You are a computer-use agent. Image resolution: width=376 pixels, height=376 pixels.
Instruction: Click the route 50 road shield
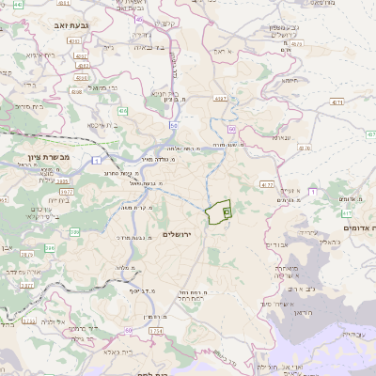pyautogui.click(x=174, y=124)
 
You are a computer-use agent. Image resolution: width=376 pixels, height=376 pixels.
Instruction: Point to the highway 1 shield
pyautogui.click(x=98, y=162)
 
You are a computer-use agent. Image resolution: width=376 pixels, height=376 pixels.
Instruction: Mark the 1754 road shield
pyautogui.click(x=156, y=331)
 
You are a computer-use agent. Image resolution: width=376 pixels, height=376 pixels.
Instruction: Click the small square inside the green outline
pyautogui.click(x=227, y=213)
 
